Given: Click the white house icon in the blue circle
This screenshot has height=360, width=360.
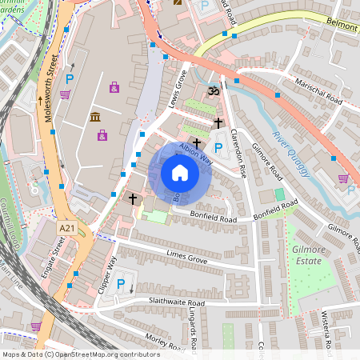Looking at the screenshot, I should coord(180,172).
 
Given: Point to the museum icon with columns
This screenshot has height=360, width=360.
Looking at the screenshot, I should coord(95,118).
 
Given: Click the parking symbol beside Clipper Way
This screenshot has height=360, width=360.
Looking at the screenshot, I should coord(121,284).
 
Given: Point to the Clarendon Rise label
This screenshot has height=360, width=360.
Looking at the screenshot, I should coord(238,152).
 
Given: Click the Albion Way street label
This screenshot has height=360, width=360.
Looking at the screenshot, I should coord(194,153).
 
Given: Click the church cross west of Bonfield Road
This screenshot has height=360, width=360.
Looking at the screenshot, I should coord(133,198).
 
